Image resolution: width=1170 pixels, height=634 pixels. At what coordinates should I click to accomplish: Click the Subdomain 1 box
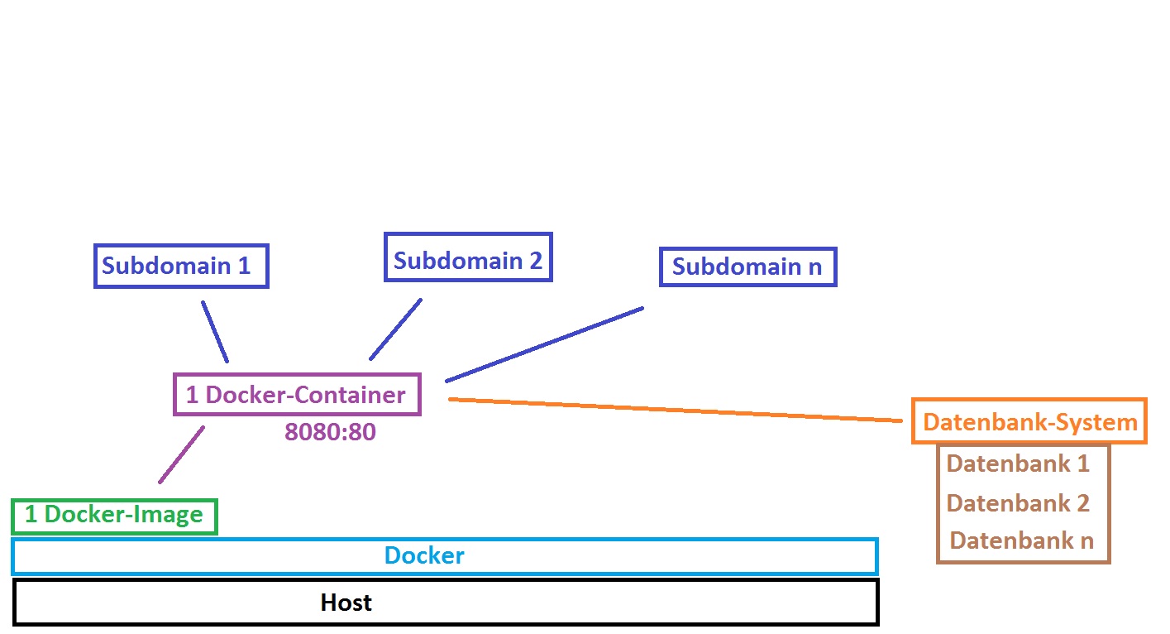point(182,266)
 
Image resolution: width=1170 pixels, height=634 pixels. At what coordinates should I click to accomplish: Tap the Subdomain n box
point(747,267)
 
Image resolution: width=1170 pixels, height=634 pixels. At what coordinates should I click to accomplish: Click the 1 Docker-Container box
point(297,395)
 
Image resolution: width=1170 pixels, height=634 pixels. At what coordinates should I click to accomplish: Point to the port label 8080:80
point(330,431)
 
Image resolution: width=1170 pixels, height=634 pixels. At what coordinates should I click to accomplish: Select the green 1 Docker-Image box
point(114,516)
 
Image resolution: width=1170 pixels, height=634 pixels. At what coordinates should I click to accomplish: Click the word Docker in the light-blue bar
point(424,555)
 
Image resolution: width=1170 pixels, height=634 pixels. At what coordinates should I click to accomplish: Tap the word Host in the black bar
point(346,603)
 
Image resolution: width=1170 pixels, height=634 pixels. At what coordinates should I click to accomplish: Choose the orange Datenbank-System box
point(1029,422)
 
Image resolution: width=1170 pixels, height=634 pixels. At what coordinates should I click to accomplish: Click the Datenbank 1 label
point(1018,463)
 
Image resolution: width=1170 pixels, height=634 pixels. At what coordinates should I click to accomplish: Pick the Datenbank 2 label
point(1018,503)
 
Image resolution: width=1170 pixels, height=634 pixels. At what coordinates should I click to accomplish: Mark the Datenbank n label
point(1021,540)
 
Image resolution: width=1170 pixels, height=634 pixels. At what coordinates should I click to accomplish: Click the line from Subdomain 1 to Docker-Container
point(215,331)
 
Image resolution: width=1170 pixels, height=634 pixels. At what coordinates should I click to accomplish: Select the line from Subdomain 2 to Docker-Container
point(395,329)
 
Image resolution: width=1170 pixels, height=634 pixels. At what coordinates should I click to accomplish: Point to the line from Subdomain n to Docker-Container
point(544,344)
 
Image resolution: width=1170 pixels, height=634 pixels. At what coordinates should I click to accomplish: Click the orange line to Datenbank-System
point(674,411)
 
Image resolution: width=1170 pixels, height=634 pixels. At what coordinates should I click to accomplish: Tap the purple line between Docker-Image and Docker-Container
point(182,454)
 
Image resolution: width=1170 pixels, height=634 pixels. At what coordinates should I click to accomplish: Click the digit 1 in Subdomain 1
point(244,266)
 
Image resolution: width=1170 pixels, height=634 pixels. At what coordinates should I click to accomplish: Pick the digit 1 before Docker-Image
point(31,515)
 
